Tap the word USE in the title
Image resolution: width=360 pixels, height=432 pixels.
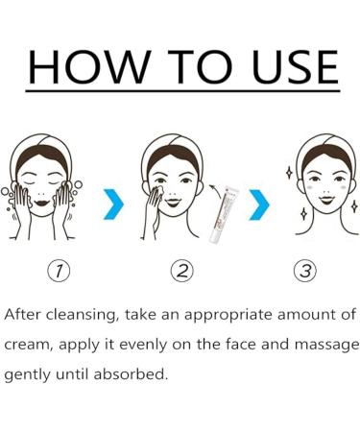coord(295,66)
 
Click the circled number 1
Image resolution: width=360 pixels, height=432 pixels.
coord(59,271)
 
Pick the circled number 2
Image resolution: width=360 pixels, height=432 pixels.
coord(182,271)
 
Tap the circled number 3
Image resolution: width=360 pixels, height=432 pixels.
coord(305,271)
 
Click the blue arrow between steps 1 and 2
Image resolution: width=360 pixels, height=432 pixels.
coord(113,204)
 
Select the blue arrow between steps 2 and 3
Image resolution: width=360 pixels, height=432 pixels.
coord(259,204)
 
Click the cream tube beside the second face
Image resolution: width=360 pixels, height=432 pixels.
coord(224,214)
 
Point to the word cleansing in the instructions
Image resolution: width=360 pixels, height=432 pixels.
coord(83,315)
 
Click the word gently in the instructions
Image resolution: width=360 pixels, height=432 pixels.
coord(27,375)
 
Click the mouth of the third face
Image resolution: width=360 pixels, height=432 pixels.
coord(326,200)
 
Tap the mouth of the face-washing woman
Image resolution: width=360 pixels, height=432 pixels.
coord(41,203)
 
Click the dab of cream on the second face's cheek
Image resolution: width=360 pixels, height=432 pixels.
coord(159,190)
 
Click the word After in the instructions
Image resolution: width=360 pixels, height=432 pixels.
coord(22,314)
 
